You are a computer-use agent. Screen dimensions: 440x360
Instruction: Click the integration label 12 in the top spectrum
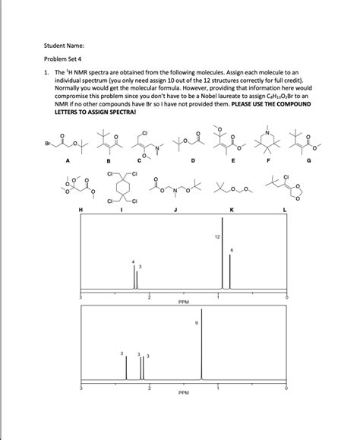(216, 237)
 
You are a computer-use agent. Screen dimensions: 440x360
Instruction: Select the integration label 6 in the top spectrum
(231, 250)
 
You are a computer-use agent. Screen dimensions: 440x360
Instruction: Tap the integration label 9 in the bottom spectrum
(197, 324)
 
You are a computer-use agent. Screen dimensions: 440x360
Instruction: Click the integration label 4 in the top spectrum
(134, 262)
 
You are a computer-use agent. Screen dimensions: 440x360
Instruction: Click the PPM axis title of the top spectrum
(183, 302)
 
